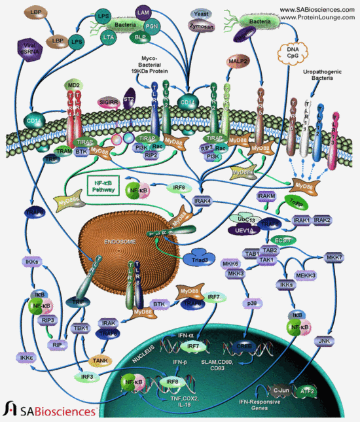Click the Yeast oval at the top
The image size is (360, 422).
coord(199,12)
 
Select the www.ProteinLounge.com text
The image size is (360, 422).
coord(318,18)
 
